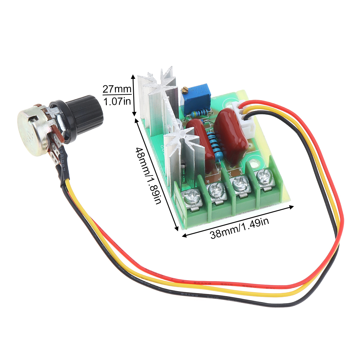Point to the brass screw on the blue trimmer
point(185,89)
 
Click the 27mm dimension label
point(117,89)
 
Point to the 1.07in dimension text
point(117,101)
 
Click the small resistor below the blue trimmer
point(198,113)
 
